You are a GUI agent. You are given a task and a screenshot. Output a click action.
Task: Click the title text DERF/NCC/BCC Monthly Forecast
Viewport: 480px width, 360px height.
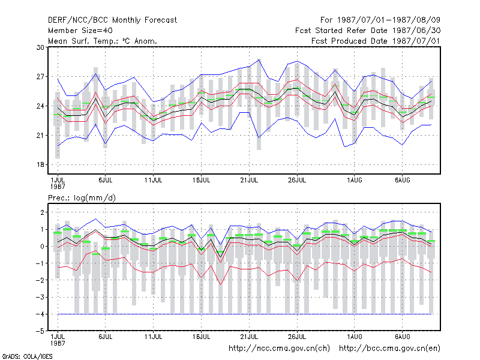point(112,20)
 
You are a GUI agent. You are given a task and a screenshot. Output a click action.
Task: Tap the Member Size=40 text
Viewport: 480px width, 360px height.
point(80,31)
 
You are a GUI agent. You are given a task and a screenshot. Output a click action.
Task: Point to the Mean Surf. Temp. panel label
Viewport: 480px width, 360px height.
point(103,41)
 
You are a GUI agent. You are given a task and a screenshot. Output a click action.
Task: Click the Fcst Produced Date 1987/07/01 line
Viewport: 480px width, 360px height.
point(376,41)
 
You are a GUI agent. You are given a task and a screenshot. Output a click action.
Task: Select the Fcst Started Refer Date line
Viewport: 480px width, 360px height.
point(368,31)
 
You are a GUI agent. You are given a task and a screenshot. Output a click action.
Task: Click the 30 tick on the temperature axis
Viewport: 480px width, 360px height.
point(40,47)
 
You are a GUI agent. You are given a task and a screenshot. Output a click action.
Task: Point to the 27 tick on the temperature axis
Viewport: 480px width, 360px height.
point(40,77)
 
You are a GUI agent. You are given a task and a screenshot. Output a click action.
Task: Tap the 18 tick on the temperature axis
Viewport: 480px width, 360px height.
point(40,164)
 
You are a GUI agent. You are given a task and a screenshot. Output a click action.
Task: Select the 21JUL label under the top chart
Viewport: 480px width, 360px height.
point(249,181)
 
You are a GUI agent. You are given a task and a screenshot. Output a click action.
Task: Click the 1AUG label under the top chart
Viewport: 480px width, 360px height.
point(355,181)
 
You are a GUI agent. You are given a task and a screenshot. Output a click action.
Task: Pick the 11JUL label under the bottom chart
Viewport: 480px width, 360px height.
point(154,337)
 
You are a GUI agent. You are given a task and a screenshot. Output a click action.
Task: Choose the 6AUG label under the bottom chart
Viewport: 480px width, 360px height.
point(402,337)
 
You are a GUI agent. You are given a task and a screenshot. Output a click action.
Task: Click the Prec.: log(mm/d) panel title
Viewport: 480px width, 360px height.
point(82,198)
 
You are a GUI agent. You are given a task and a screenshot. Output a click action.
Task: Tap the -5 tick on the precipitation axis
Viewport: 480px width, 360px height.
point(40,331)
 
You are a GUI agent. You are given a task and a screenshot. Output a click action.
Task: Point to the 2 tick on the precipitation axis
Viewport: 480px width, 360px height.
point(42,212)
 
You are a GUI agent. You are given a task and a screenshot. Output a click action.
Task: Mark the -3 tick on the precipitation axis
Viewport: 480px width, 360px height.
point(40,297)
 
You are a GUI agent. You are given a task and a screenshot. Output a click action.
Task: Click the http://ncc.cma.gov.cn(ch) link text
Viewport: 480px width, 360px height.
point(279,349)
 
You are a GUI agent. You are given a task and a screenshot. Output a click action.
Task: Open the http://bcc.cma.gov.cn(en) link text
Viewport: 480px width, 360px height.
point(389,349)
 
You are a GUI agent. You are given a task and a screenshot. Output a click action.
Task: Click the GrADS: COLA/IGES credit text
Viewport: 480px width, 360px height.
point(27,356)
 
